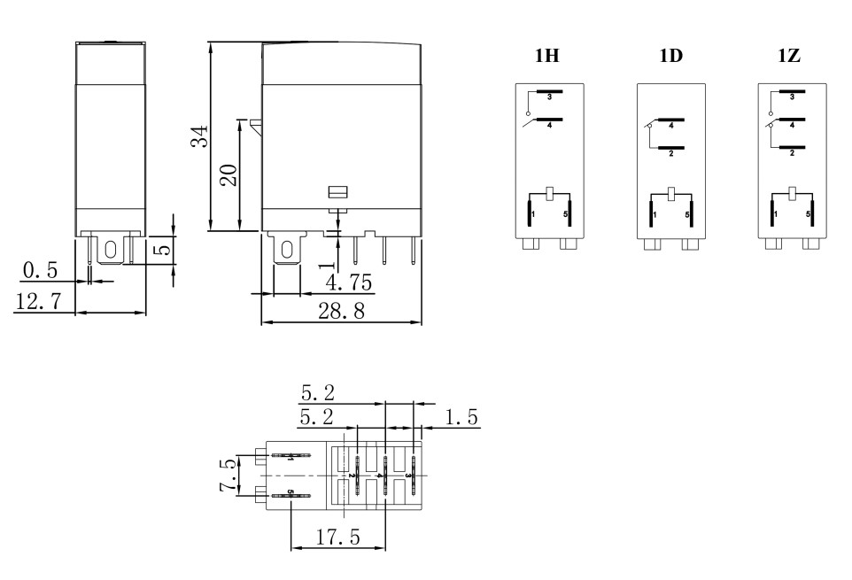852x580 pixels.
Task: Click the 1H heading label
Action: [546, 56]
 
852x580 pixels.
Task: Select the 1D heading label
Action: [670, 56]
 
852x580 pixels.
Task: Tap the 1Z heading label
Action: [789, 56]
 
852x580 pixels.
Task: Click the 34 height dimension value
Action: [199, 136]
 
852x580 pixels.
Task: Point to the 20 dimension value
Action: [228, 174]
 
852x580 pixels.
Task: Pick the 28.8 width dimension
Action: [341, 311]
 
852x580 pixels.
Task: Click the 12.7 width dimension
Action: [38, 301]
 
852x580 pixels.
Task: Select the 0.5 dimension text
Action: [40, 270]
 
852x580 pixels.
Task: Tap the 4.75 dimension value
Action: [349, 282]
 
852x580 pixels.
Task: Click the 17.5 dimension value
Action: [338, 537]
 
